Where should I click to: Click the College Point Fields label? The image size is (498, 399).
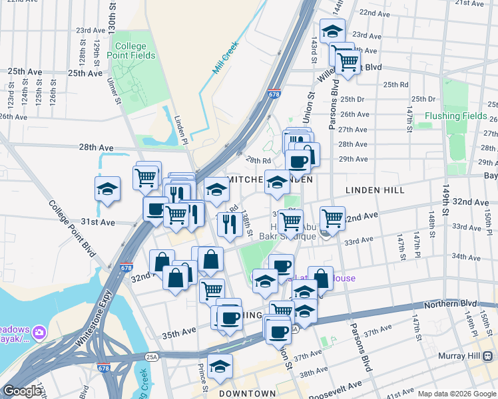pyautogui.click(x=130, y=51)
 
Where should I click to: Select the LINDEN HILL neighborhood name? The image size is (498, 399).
pyautogui.click(x=375, y=190)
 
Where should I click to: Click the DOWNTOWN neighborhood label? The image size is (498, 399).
pyautogui.click(x=248, y=394)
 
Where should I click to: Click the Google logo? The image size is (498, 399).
pyautogui.click(x=21, y=391)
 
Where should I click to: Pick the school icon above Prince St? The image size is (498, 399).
pyautogui.click(x=220, y=366)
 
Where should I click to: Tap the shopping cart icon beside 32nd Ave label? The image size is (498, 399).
pyautogui.click(x=332, y=217)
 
